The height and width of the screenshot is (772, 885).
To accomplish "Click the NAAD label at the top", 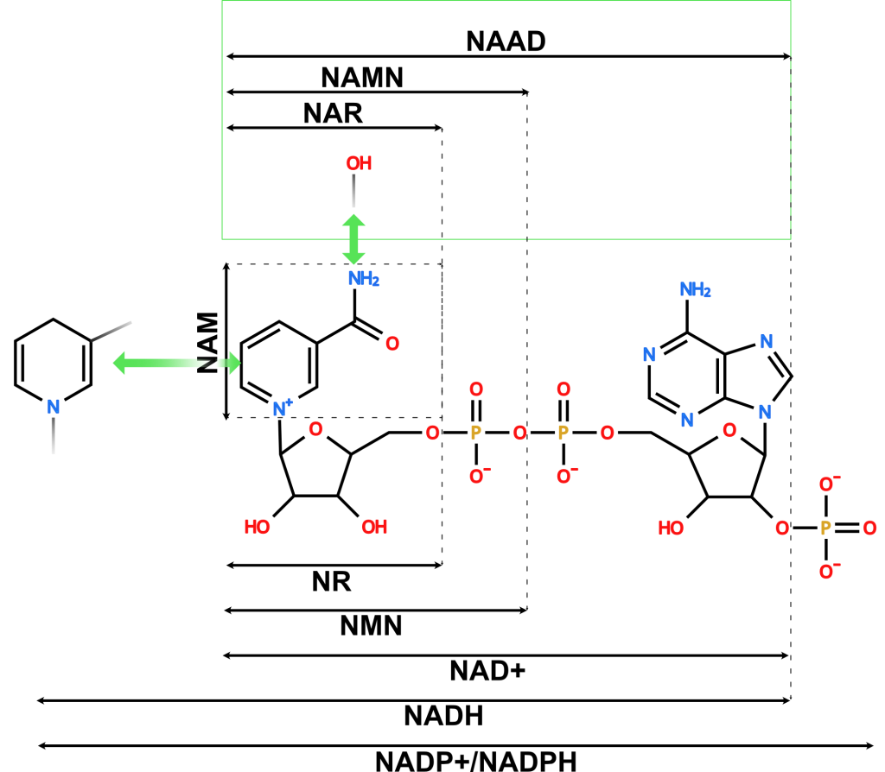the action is [x=506, y=41].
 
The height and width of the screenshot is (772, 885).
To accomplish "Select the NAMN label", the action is [x=362, y=77].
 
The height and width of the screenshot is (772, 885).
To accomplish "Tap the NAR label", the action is [x=333, y=113].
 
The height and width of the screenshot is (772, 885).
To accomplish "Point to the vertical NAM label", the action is [x=207, y=343].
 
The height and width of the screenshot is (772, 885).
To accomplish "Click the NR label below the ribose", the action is [x=331, y=581].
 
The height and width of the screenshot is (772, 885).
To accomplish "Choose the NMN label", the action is [x=371, y=626].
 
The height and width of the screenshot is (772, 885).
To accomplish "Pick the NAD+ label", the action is [x=487, y=671].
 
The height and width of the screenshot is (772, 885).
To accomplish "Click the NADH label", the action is [x=443, y=716].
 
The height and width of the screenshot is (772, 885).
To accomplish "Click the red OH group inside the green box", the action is [x=359, y=163].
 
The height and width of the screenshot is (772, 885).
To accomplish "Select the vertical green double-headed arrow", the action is [x=353, y=239].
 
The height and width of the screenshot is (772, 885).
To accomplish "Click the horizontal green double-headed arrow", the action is [x=176, y=363].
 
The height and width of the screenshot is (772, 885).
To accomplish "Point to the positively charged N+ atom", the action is [x=283, y=408].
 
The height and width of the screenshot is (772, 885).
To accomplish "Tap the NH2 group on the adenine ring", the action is [x=695, y=290].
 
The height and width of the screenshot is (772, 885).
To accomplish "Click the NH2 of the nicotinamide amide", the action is [x=364, y=279].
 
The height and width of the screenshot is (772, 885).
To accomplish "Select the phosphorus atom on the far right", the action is [x=825, y=528].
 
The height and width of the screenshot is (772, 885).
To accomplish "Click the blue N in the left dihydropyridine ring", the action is [x=53, y=407].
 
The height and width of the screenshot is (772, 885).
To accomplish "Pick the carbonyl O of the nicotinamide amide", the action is [x=392, y=344].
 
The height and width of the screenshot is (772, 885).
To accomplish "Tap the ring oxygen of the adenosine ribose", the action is [x=729, y=431].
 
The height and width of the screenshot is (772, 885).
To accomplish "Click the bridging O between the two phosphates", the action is [x=519, y=433].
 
